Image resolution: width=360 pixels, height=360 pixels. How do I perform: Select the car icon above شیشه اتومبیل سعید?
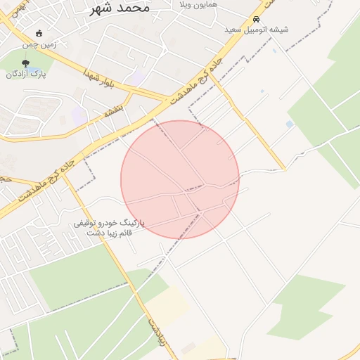click(x=256, y=19)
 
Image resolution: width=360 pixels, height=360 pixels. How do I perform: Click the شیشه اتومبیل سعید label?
click(x=256, y=30)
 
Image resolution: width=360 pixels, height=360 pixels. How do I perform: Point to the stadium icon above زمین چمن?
click(x=39, y=33)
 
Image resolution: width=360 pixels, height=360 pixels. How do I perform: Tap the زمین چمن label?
click(x=39, y=44)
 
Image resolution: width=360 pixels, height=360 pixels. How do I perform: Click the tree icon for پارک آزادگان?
click(x=26, y=63)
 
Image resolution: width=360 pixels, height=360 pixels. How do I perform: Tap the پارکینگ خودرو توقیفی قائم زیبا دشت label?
click(x=109, y=227)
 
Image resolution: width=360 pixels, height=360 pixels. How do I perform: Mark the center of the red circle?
click(x=180, y=179)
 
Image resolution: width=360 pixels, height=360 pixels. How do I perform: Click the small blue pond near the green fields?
click(x=290, y=124)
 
